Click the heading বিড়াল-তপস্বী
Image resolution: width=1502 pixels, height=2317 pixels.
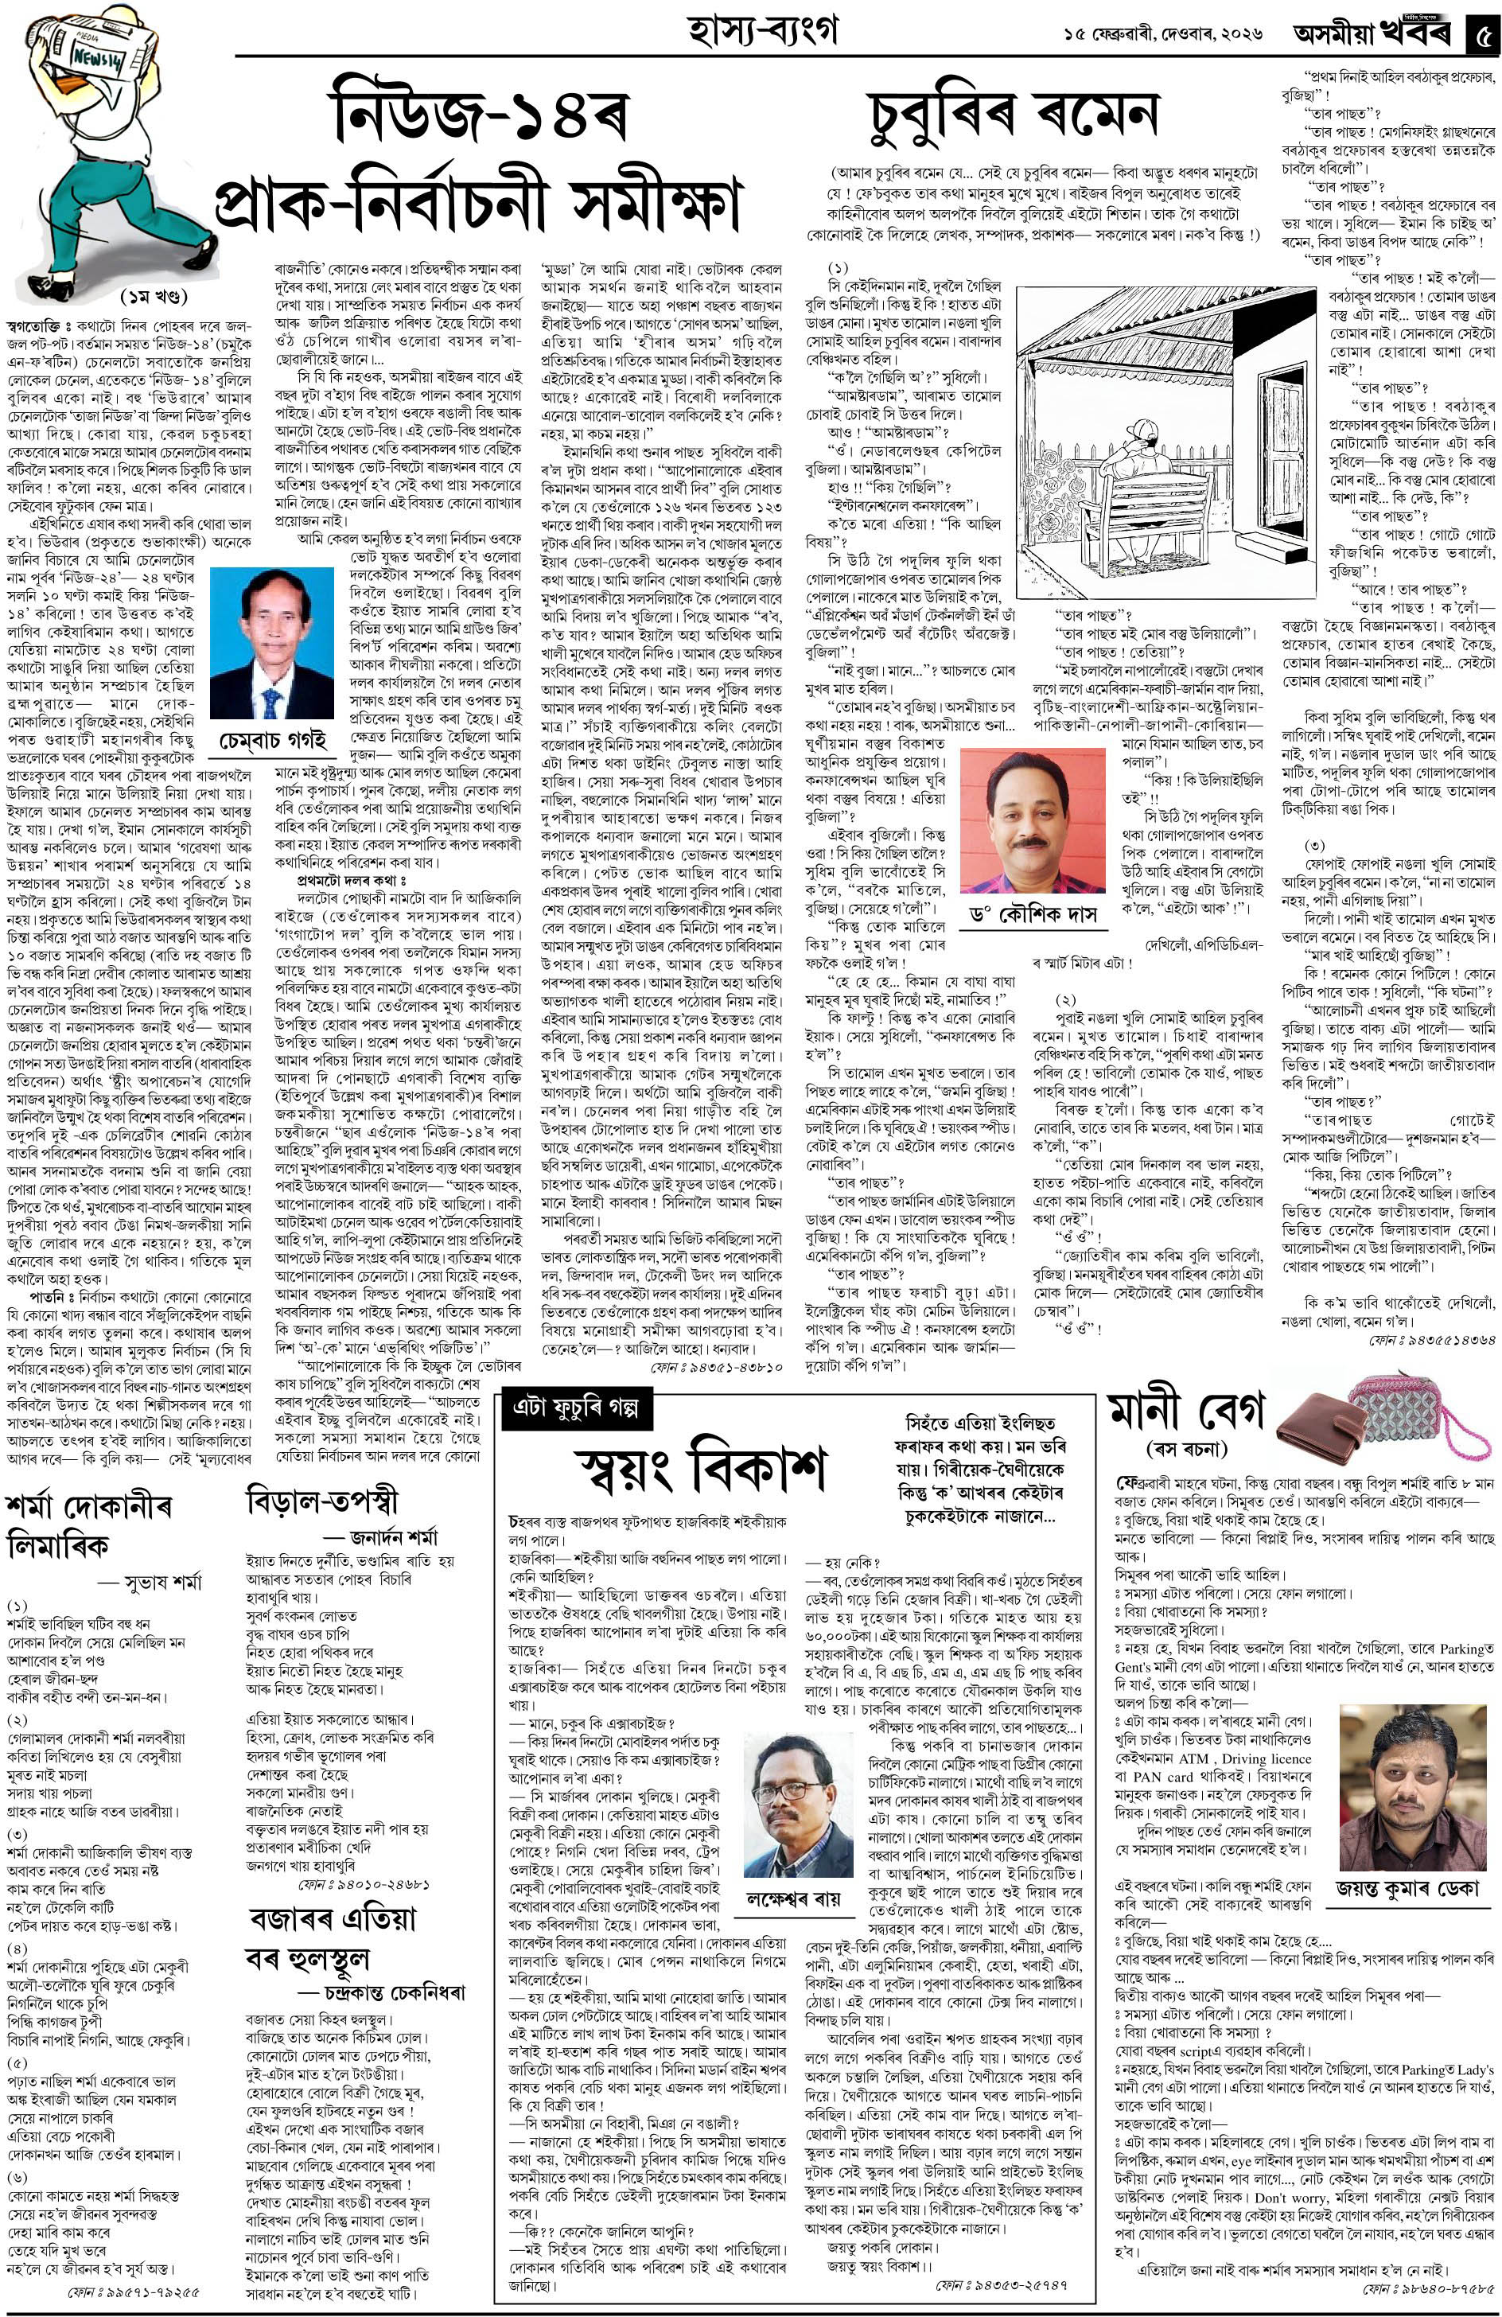click(x=321, y=1500)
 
